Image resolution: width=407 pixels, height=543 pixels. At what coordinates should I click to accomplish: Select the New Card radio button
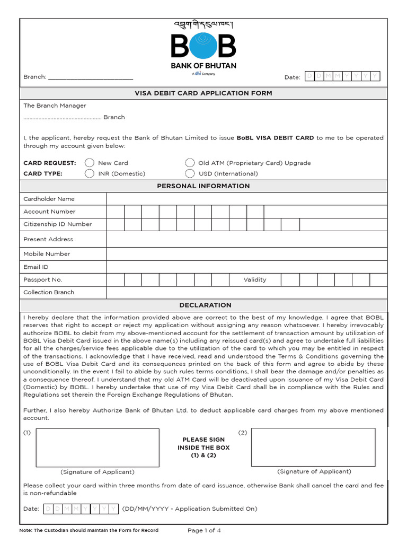click(90, 163)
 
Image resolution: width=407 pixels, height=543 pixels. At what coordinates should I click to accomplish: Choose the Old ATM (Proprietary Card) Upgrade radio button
click(190, 163)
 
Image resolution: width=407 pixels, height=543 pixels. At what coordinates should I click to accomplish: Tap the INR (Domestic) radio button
click(90, 173)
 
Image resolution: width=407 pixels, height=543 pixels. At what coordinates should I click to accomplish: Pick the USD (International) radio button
click(190, 173)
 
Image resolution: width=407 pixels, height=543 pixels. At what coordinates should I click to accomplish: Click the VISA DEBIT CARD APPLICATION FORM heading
click(203, 93)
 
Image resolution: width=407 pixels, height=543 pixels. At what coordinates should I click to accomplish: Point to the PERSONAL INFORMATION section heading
click(203, 186)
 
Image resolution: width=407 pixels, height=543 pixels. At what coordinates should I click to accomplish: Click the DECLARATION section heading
click(205, 305)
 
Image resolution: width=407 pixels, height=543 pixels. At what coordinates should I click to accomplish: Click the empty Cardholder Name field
click(246, 199)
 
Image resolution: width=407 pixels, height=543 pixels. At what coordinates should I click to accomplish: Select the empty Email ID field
click(246, 267)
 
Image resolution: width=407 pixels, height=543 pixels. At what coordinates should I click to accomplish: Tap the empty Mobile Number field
click(246, 254)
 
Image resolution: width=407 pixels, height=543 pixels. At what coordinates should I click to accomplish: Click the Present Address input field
click(246, 239)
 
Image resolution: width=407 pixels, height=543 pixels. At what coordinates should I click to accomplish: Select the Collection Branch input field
click(246, 292)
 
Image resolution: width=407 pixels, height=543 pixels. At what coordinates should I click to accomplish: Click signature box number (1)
click(98, 448)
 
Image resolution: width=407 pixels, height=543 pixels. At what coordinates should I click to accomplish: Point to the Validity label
click(255, 279)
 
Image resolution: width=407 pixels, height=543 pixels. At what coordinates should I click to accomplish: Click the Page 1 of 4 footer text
click(204, 530)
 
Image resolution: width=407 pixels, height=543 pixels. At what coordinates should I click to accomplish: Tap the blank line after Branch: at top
click(91, 77)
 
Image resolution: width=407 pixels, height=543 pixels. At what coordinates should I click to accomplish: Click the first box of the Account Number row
click(116, 212)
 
